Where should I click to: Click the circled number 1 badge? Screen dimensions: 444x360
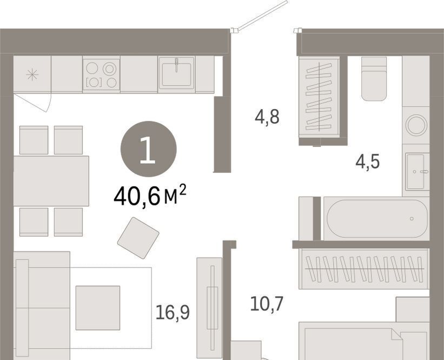148,149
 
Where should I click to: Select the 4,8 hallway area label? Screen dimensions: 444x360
267,117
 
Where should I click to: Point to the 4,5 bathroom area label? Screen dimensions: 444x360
368,162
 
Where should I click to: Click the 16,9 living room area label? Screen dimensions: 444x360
173,313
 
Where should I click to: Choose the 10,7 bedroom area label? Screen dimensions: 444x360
267,303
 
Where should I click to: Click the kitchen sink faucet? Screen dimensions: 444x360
176,65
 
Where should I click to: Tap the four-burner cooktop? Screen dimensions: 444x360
101,75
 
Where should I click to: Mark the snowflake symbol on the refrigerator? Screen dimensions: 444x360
32,75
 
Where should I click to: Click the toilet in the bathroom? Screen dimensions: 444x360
374,79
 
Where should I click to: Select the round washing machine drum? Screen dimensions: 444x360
416,125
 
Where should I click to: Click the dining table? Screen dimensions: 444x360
51,181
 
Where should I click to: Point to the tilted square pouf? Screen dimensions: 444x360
138,238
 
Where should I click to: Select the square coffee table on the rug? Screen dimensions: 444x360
98,308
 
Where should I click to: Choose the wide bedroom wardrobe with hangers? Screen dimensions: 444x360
365,269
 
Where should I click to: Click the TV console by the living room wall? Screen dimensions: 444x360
210,309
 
